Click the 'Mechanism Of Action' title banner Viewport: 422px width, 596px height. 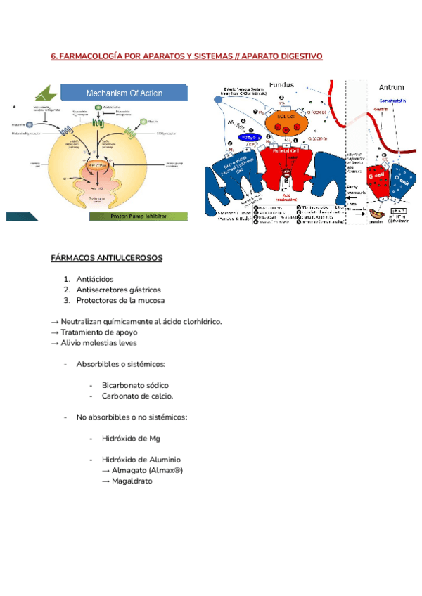point(124,92)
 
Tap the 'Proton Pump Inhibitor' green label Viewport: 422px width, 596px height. point(138,216)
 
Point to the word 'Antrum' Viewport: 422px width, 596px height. point(391,88)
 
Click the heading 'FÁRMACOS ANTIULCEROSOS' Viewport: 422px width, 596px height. point(106,259)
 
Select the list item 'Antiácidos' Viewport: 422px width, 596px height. point(95,279)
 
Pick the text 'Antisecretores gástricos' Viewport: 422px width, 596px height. point(118,290)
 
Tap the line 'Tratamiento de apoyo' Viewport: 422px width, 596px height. point(98,332)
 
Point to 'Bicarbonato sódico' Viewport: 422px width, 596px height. point(135,385)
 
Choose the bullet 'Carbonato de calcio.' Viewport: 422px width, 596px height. point(137,396)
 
